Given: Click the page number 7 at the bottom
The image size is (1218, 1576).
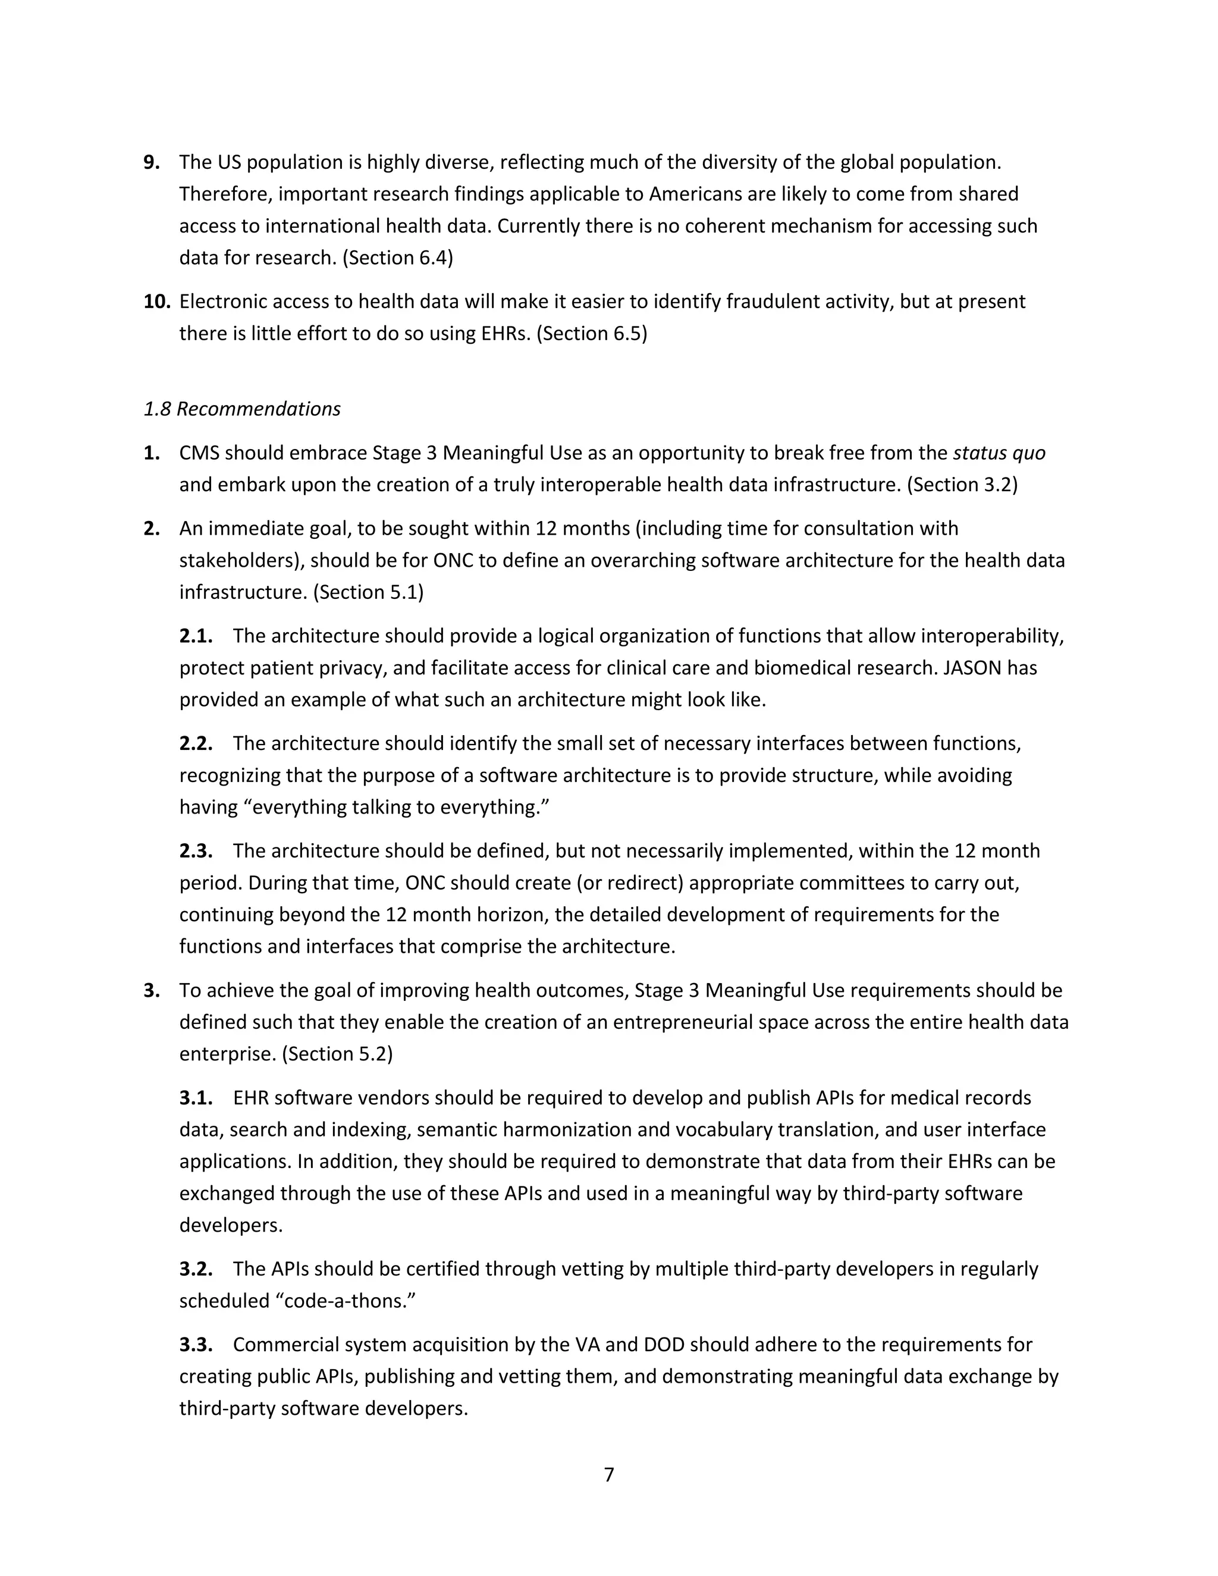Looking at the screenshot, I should pos(608,1474).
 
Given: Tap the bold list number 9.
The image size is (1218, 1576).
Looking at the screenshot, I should pos(152,162).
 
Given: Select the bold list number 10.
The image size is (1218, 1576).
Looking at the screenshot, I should pos(156,302).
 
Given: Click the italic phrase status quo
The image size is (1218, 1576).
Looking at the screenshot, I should pos(999,453).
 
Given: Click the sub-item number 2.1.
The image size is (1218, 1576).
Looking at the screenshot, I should pos(196,636).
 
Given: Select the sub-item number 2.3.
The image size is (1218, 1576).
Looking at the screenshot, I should pos(196,851).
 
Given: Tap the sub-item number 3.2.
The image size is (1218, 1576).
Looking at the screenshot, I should pos(196,1269).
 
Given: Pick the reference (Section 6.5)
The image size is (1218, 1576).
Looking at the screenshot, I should pos(592,334).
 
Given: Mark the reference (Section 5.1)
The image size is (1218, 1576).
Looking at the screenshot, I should pos(368,592).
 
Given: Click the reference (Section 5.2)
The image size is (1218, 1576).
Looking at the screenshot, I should pos(337,1054).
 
